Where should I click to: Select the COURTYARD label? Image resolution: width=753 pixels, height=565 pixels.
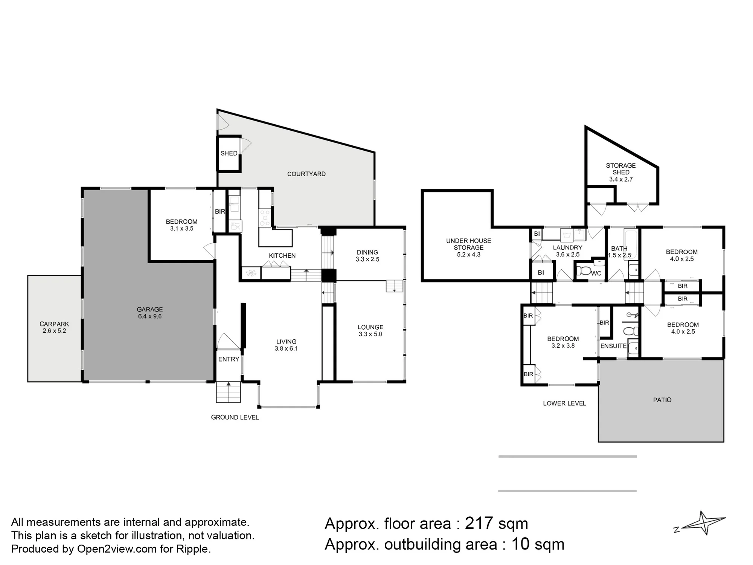pyautogui.click(x=306, y=174)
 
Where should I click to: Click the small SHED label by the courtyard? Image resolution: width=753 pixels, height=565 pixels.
pyautogui.click(x=229, y=153)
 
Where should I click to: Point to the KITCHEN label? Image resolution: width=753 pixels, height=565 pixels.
pyautogui.click(x=282, y=256)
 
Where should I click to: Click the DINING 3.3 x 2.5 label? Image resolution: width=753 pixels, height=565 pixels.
pyautogui.click(x=367, y=256)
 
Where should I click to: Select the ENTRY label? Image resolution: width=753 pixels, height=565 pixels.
pyautogui.click(x=229, y=359)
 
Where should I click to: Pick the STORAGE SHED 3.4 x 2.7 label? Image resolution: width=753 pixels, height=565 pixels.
pyautogui.click(x=621, y=173)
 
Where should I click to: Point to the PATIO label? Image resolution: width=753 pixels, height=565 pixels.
pyautogui.click(x=662, y=400)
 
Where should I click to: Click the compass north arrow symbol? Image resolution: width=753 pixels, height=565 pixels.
pyautogui.click(x=703, y=523)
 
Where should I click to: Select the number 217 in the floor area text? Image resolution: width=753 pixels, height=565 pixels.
pyautogui.click(x=479, y=523)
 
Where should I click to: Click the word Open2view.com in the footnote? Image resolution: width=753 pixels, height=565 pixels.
pyautogui.click(x=117, y=549)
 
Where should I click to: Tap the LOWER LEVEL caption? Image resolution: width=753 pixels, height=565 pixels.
pyautogui.click(x=564, y=403)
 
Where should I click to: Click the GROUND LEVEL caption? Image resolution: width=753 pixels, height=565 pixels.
pyautogui.click(x=235, y=417)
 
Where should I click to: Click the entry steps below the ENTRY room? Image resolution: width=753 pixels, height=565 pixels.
pyautogui.click(x=228, y=392)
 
